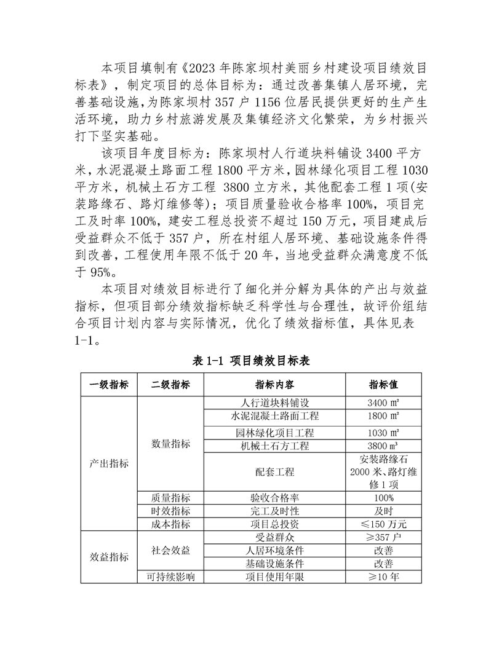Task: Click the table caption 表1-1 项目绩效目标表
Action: (x=251, y=361)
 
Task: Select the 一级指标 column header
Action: (x=109, y=385)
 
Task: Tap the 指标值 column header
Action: (x=383, y=385)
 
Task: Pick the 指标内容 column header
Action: (x=274, y=385)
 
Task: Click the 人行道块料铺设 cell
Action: (x=274, y=403)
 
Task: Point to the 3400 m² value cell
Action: (x=383, y=403)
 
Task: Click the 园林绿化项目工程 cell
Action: (x=274, y=433)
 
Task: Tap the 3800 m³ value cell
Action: (x=383, y=446)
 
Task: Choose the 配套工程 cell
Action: (x=274, y=472)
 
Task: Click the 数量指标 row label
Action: (x=170, y=443)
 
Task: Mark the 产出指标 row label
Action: (x=109, y=463)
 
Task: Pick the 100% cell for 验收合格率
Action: (x=383, y=498)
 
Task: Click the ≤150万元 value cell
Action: (x=383, y=524)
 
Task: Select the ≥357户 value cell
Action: (x=383, y=537)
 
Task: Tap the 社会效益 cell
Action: (x=170, y=550)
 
